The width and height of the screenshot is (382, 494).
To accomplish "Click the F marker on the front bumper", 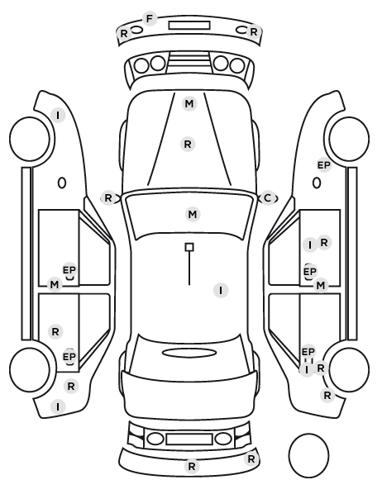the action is [x=150, y=19].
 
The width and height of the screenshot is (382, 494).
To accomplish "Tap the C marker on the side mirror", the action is [x=268, y=198].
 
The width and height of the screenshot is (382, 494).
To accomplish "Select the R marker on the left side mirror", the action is [x=108, y=198].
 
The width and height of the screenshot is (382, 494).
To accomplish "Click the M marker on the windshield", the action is [x=193, y=215].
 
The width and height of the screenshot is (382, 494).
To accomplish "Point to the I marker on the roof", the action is [x=221, y=290].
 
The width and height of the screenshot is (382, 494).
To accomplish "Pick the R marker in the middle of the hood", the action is [x=188, y=145].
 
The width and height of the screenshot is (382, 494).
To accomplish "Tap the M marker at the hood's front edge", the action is [x=189, y=103].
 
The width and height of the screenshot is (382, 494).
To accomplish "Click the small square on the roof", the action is [x=189, y=247].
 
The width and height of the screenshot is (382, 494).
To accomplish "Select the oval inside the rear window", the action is [x=189, y=353].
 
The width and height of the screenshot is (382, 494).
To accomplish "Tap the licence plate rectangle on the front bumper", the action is [x=189, y=26].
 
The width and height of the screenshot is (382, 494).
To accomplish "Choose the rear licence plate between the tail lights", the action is [x=189, y=439].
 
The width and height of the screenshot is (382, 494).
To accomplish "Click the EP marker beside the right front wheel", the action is [x=323, y=165].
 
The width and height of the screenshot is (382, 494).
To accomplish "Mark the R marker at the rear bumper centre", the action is [x=192, y=466].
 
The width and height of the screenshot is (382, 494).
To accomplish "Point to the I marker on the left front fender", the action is [x=58, y=116].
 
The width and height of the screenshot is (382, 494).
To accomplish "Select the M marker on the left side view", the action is [x=55, y=285].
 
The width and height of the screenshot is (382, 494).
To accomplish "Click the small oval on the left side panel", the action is [x=62, y=183].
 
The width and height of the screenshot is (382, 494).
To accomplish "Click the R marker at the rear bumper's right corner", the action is [x=251, y=459].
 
